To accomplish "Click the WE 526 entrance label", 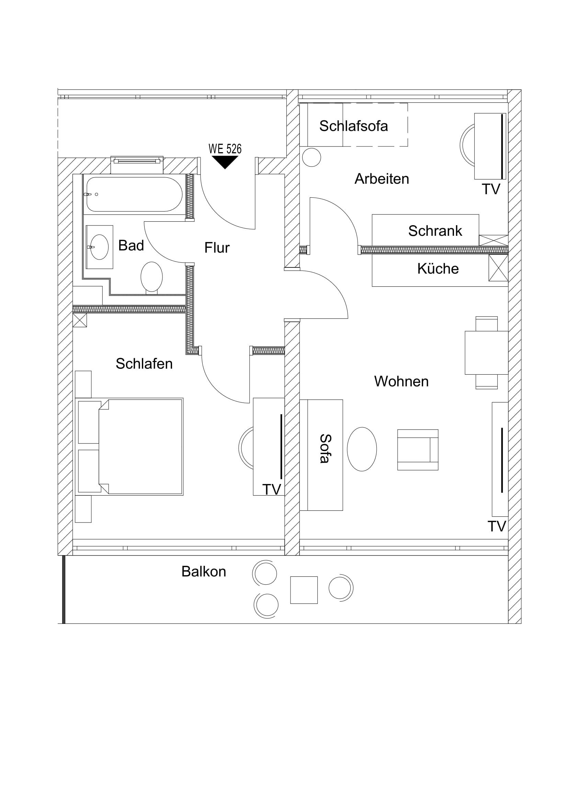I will coord(225,149).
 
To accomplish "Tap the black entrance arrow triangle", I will coord(225,162).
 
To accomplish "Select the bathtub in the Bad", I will coord(134,194).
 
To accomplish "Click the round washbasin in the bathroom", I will coord(99,247).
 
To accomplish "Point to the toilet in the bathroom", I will coord(151,277).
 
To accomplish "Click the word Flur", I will coord(217,248).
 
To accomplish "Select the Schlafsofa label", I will coord(353,126).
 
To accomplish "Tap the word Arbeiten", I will coord(382,179).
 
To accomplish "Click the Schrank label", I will coord(435,231).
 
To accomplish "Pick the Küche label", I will coord(438,269).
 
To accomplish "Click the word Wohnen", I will coord(401,381).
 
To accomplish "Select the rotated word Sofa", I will coord(325,449).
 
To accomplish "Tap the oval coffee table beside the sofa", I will coord(362,449).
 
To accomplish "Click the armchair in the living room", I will coord(418,450).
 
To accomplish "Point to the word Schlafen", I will coord(144,364).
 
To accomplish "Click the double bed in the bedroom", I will coord(140,447).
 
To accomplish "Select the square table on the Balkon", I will coord(304,590).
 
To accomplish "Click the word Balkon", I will coord(204,572).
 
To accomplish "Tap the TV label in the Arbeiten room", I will coord(491,189).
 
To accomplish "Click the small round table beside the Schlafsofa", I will coord(311,157).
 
